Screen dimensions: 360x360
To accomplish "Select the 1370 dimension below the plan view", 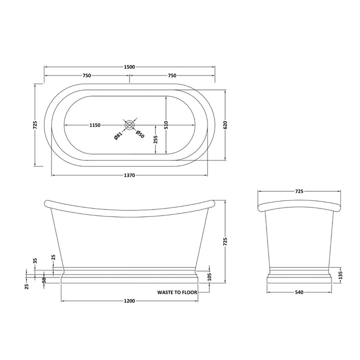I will (130, 175).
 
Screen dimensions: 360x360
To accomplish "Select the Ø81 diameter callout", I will (117, 135).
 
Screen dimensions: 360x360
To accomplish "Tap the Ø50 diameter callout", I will (140, 134).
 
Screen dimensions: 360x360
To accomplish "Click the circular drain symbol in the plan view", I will (129, 124).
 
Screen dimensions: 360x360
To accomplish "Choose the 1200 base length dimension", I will (129, 301).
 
